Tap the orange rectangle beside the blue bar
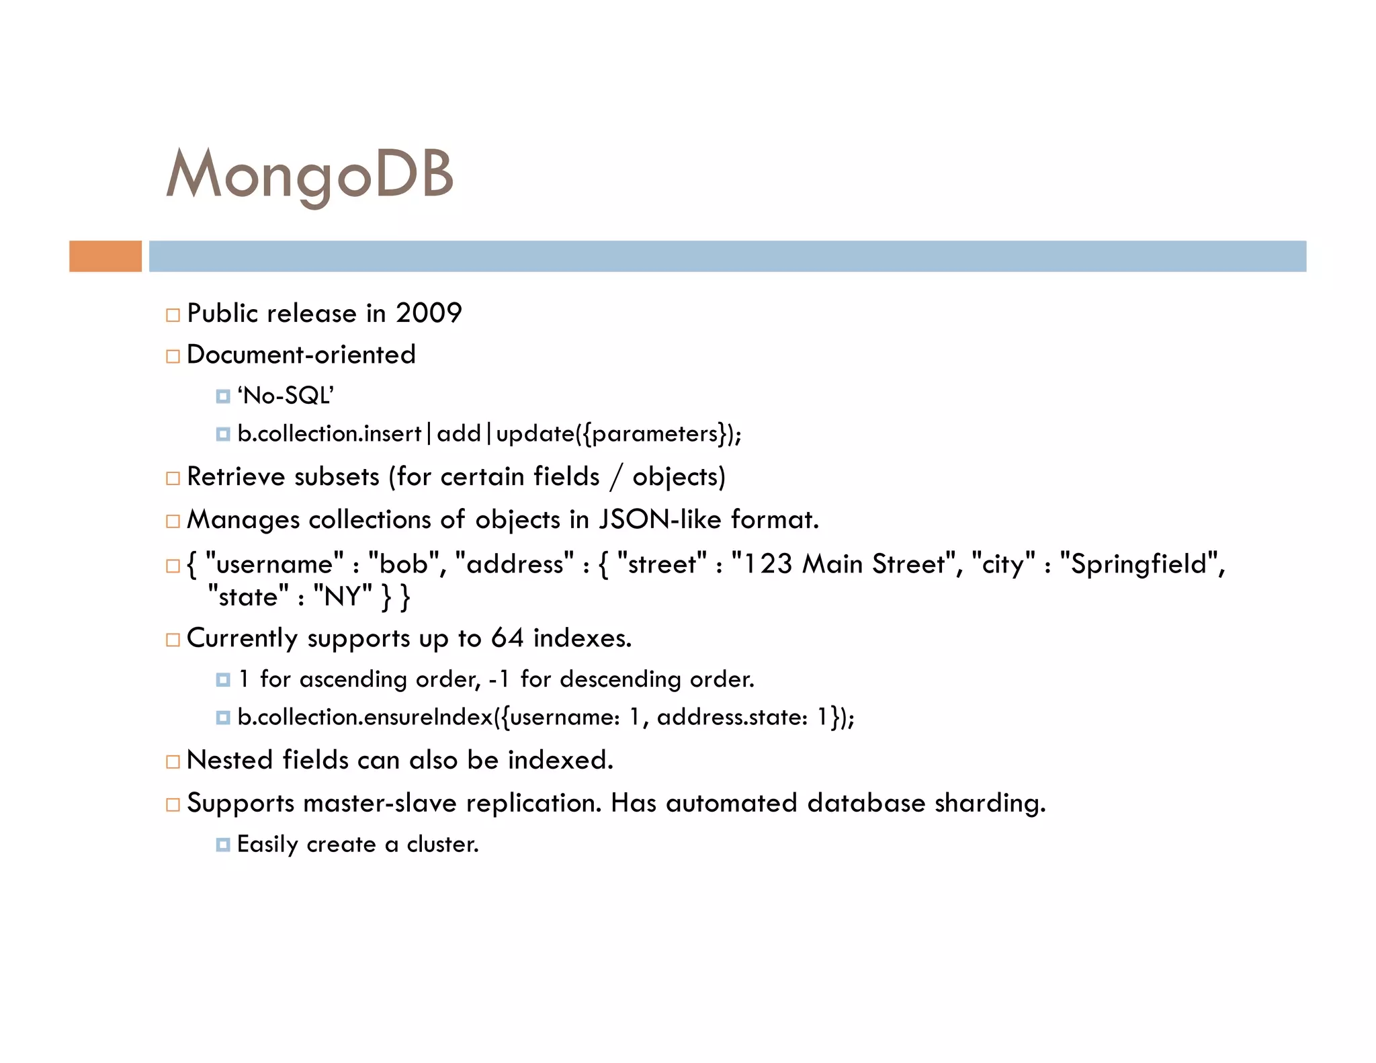coord(105,256)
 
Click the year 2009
coord(429,313)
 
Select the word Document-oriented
coord(301,355)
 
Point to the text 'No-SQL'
coord(286,396)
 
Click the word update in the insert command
coord(535,434)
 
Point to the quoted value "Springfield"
coord(1139,563)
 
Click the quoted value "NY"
coord(343,596)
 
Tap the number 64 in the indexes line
coord(507,638)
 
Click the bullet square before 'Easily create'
coord(223,845)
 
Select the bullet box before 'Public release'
coord(173,315)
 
